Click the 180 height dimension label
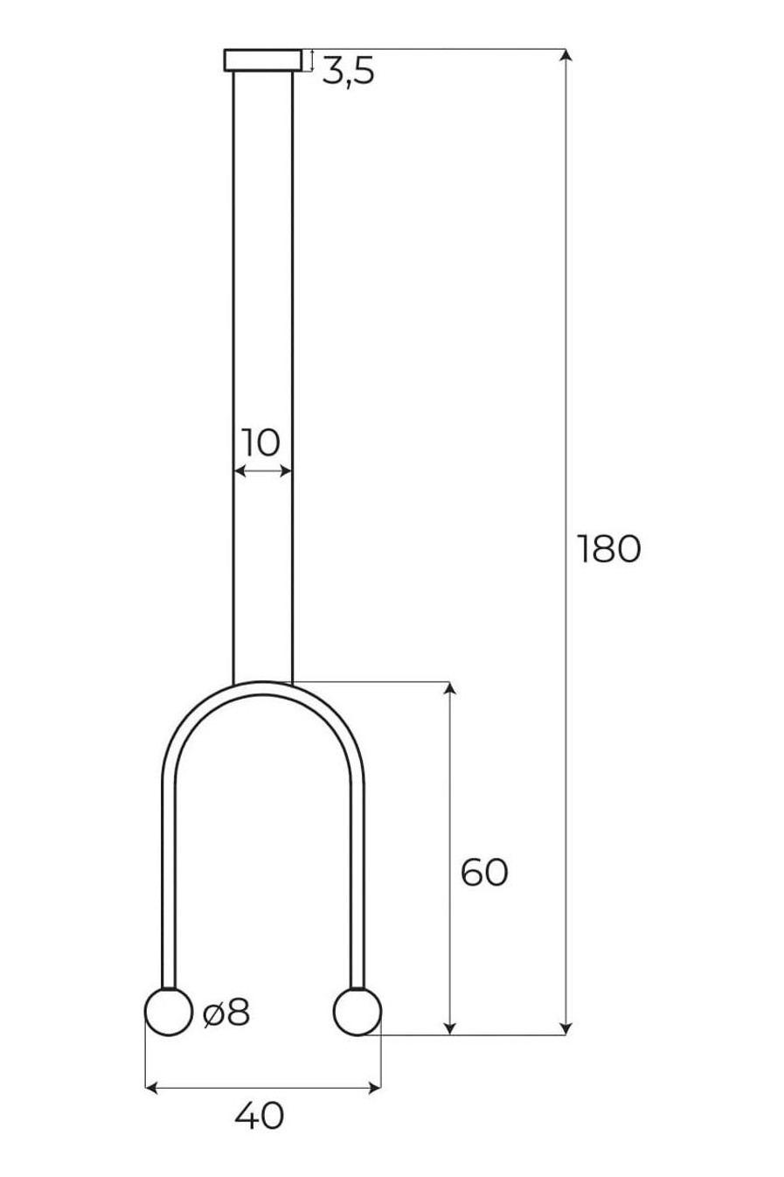click(x=608, y=549)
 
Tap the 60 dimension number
click(x=484, y=873)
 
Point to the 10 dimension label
click(x=261, y=442)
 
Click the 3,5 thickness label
click(x=348, y=71)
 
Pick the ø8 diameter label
click(x=226, y=1012)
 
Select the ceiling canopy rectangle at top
click(x=262, y=60)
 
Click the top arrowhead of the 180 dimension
click(x=565, y=55)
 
